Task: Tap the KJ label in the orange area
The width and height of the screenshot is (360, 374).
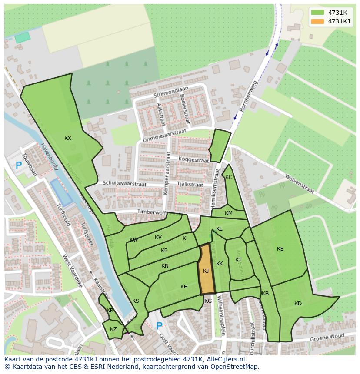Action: (206, 271)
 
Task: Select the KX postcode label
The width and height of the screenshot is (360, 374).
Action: (68, 138)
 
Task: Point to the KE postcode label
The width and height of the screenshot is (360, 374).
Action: (280, 249)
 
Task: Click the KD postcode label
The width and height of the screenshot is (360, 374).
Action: (298, 304)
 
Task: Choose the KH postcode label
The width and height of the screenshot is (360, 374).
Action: (184, 287)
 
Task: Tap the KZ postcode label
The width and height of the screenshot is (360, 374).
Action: (113, 329)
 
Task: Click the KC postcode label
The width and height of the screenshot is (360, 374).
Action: (229, 177)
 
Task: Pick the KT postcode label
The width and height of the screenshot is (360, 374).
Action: (238, 260)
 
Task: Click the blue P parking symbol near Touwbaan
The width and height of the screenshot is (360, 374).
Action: (18, 165)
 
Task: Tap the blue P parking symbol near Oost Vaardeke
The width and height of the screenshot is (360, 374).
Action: (159, 326)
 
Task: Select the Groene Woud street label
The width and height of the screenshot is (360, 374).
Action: (327, 338)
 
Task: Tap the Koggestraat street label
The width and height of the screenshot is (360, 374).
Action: (193, 160)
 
